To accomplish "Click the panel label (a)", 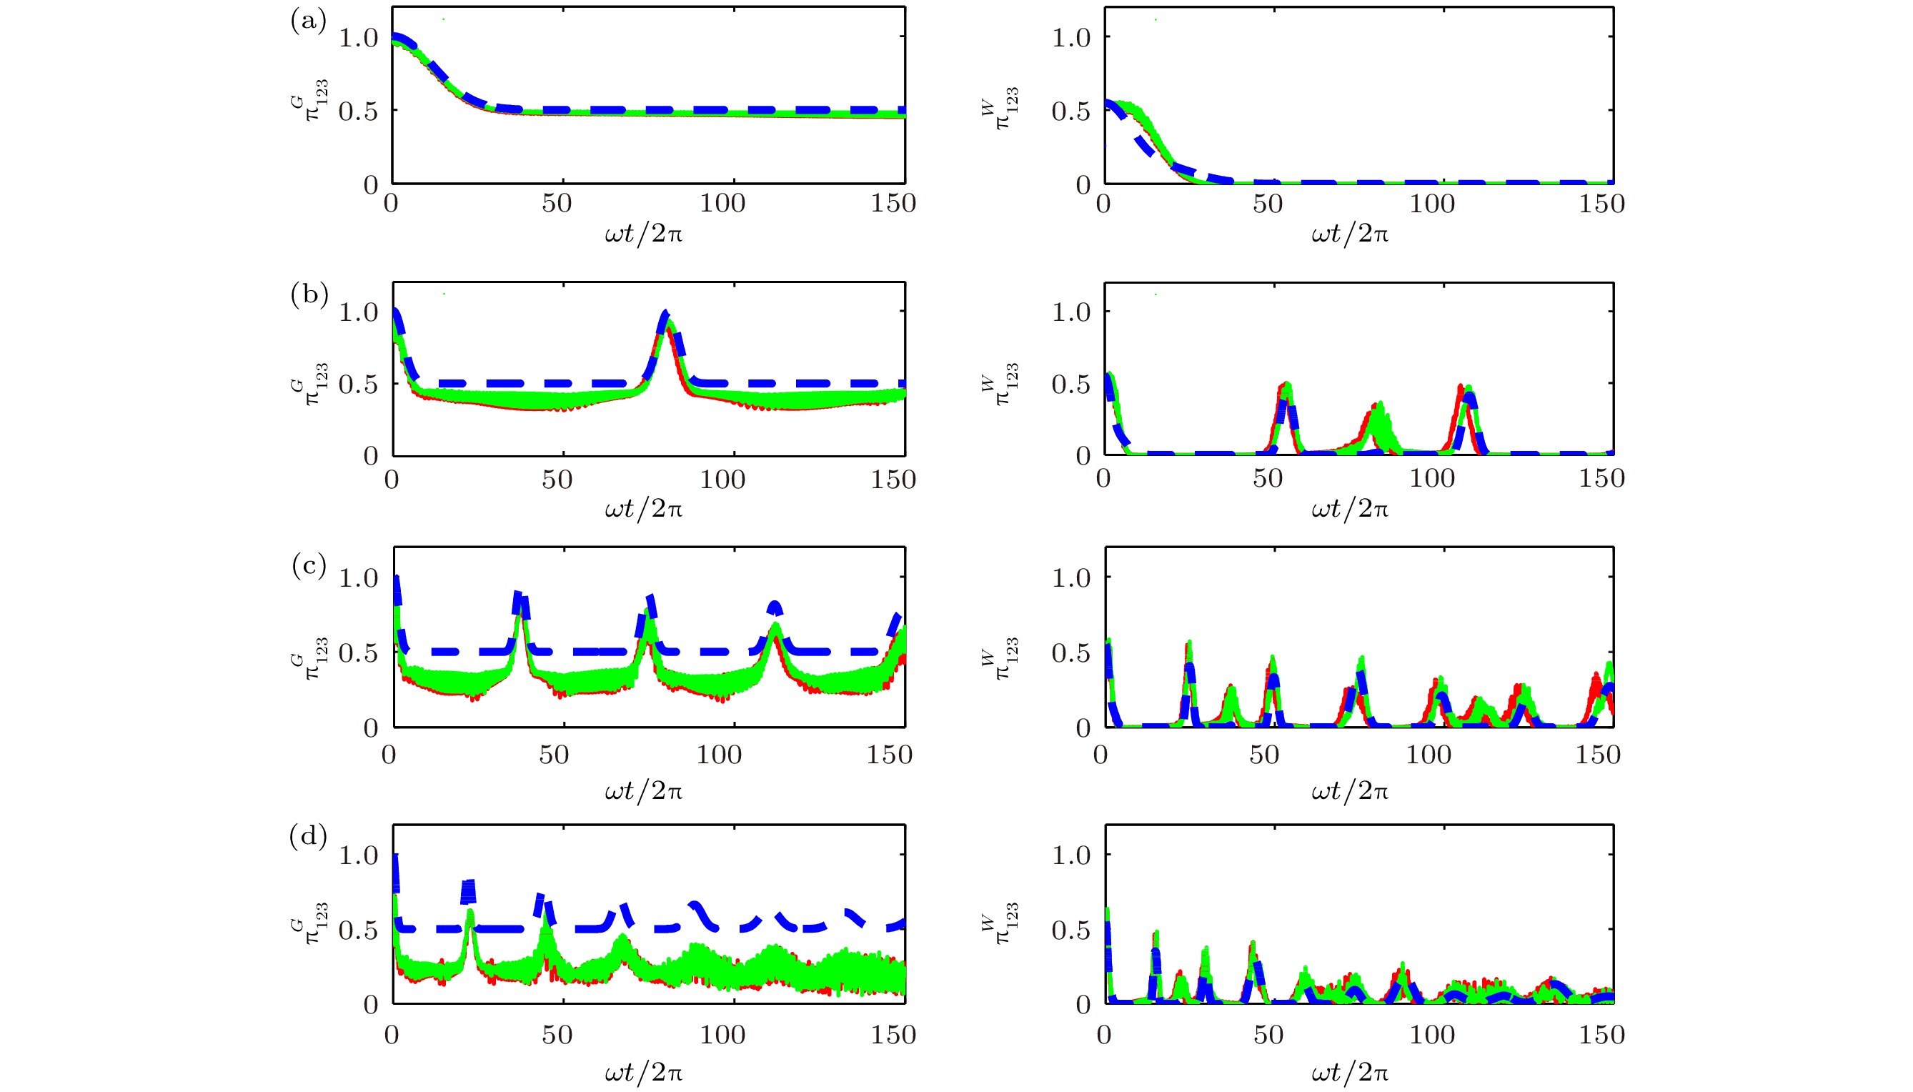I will [x=308, y=21].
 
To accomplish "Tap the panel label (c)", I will [x=309, y=565].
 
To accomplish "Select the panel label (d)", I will [x=308, y=835].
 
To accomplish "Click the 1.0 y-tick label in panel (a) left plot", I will [x=359, y=37].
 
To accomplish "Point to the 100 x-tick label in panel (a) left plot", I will [x=722, y=203].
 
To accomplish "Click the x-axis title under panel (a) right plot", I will [x=1350, y=234].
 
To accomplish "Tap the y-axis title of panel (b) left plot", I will [x=308, y=383].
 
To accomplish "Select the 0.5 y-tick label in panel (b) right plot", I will [x=1071, y=384].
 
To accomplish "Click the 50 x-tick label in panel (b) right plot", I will [x=1267, y=479].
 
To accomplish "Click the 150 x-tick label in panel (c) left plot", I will [x=890, y=755].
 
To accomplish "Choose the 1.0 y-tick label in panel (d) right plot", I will [x=1071, y=855].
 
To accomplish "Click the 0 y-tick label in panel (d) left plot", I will [x=370, y=1005].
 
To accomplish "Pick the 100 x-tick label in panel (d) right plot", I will [x=1431, y=1035].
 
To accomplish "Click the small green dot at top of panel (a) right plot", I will [x=1156, y=19].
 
